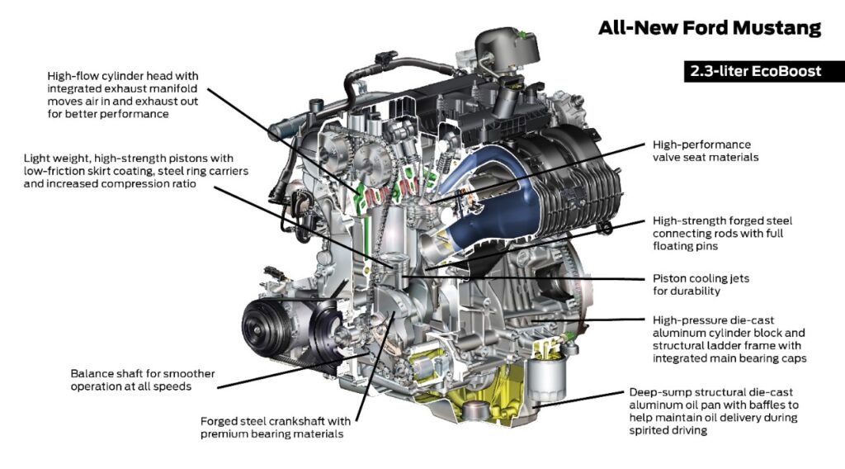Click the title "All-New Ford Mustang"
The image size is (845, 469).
pos(709,28)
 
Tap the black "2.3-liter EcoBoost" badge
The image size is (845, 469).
pos(756,71)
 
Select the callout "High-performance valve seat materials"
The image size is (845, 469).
pos(701,150)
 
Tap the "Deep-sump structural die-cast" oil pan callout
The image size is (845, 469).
pos(714,410)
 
